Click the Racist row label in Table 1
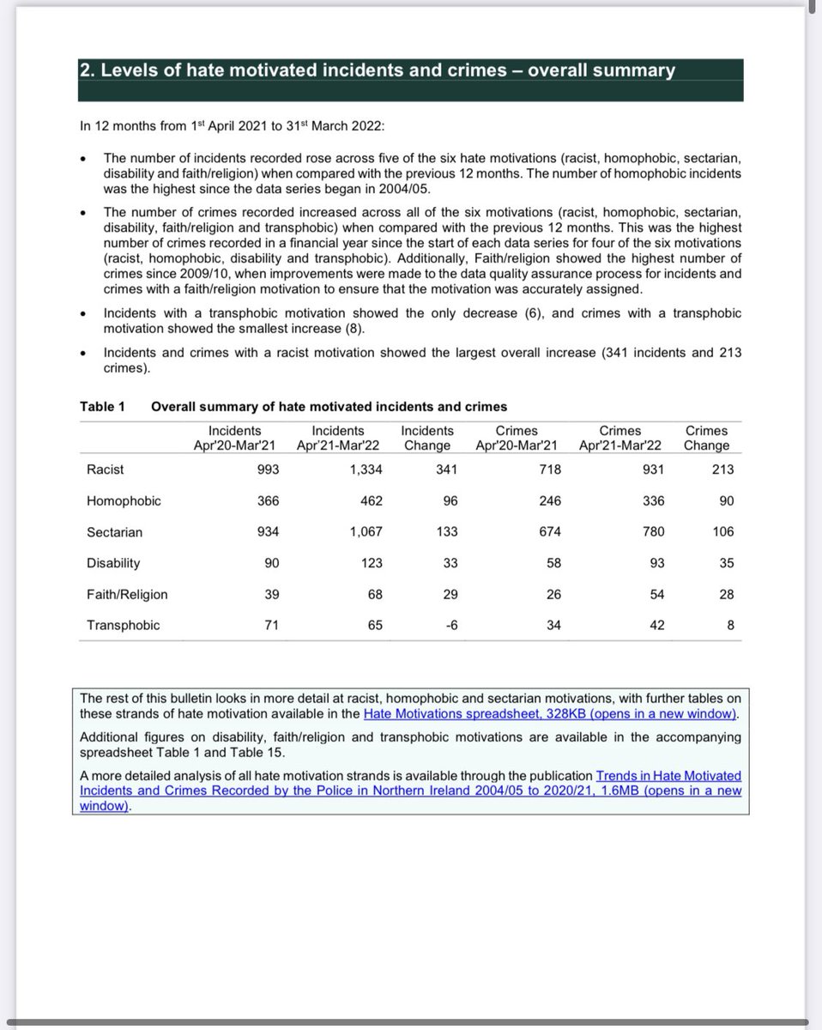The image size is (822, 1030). [105, 470]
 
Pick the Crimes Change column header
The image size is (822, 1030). [706, 438]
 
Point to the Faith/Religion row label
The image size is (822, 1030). [127, 594]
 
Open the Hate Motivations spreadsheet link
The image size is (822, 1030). [549, 714]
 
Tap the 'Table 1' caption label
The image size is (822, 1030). [102, 406]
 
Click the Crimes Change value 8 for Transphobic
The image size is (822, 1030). [729, 626]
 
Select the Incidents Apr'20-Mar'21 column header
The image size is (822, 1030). [235, 438]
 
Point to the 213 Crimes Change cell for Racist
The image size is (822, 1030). [722, 470]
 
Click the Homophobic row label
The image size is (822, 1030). [123, 500]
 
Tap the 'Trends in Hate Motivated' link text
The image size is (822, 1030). [668, 776]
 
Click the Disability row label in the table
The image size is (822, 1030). [112, 563]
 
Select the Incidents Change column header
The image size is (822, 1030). [426, 438]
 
